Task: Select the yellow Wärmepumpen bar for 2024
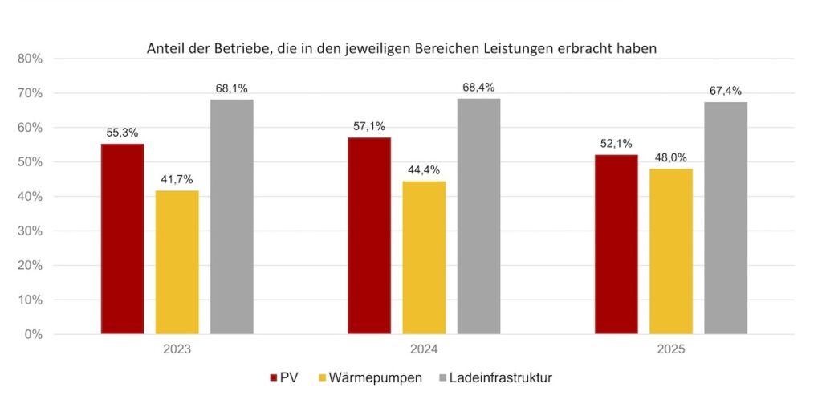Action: (424, 257)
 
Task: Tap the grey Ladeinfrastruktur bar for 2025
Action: (726, 218)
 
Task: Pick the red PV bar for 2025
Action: (616, 244)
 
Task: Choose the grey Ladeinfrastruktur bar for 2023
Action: (232, 216)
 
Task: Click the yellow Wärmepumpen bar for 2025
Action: (671, 251)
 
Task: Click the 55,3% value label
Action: (122, 132)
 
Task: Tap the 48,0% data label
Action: (671, 157)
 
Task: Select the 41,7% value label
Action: (177, 179)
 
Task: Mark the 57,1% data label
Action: (368, 126)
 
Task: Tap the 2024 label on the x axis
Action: (424, 350)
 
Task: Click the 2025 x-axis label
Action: (671, 350)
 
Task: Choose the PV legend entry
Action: (288, 377)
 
